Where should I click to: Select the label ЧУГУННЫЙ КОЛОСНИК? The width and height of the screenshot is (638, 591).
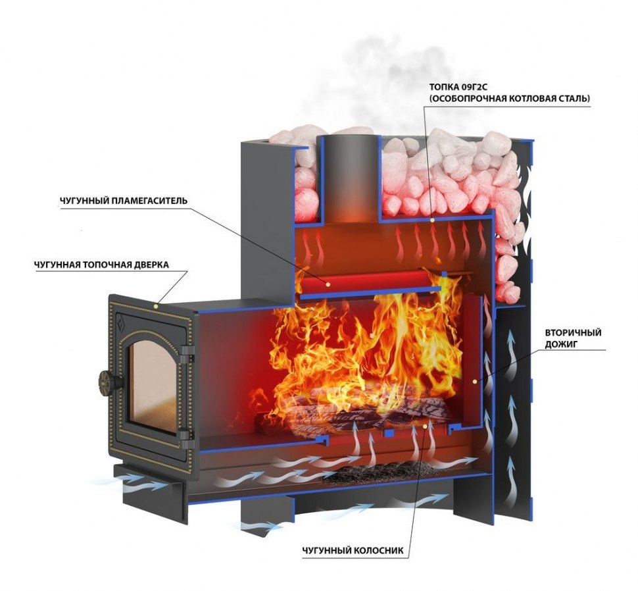point(352,550)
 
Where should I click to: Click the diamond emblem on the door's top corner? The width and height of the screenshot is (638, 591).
point(121,322)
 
